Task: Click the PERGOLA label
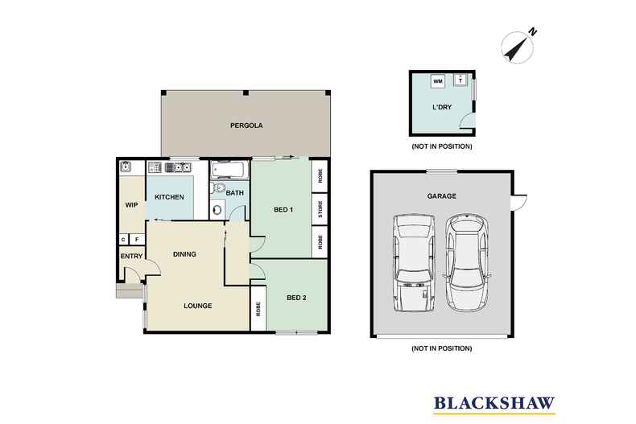[x=247, y=126]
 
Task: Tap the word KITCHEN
[x=169, y=197]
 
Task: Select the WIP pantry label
[x=130, y=204]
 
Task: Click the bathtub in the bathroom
[x=229, y=170]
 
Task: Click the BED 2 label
[x=295, y=297]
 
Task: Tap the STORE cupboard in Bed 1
[x=320, y=213]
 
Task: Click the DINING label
[x=184, y=254]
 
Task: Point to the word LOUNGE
[x=197, y=306]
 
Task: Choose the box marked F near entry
[x=137, y=239]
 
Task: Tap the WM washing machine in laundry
[x=438, y=81]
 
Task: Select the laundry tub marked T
[x=460, y=80]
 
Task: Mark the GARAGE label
[x=442, y=196]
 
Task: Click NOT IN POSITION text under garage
[x=441, y=348]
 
